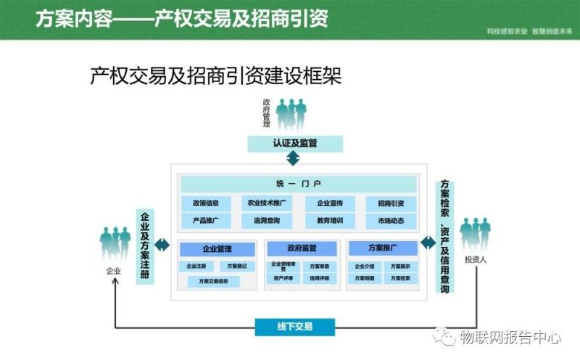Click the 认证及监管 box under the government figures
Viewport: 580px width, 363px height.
(x=294, y=143)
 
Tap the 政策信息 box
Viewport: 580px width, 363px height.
(x=206, y=203)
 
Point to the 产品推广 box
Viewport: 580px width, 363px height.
(x=206, y=221)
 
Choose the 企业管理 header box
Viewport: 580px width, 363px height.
(x=217, y=249)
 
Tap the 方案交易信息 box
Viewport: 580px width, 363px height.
(x=214, y=281)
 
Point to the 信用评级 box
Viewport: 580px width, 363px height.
(x=319, y=278)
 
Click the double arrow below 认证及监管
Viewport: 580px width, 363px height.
(x=294, y=159)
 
